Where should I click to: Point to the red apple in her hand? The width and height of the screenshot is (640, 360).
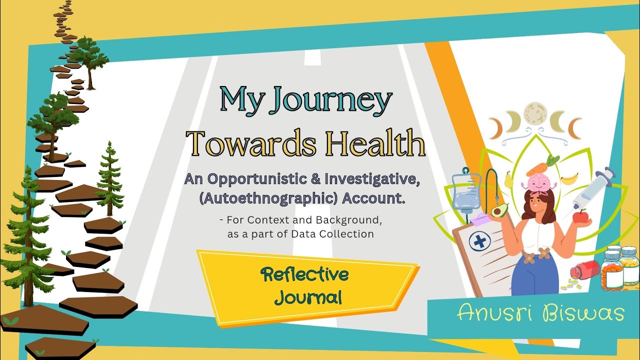click(x=580, y=216)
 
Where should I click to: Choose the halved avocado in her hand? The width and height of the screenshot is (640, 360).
click(x=499, y=210)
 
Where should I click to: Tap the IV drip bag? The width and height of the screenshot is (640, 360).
click(x=465, y=192)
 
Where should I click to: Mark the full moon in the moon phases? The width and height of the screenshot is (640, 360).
click(x=535, y=114)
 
